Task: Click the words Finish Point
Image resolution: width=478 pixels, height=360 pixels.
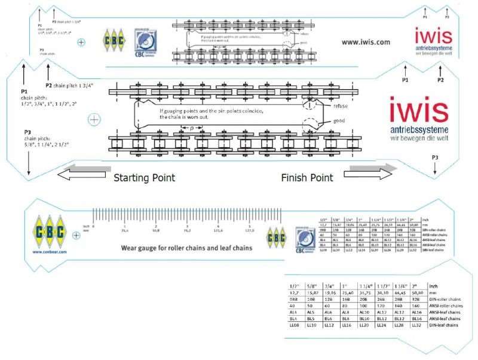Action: pos(307,178)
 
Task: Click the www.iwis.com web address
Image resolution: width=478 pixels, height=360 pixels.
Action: pos(366,42)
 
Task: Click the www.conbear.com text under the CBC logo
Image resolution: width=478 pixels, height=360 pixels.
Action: pos(45,252)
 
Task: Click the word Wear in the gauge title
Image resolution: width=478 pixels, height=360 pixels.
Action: pos(131,247)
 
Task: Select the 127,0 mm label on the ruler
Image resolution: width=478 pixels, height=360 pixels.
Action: pos(249,230)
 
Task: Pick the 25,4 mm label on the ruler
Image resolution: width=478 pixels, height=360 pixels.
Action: pos(125,230)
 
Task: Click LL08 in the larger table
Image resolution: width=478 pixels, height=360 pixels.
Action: pos(295,325)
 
